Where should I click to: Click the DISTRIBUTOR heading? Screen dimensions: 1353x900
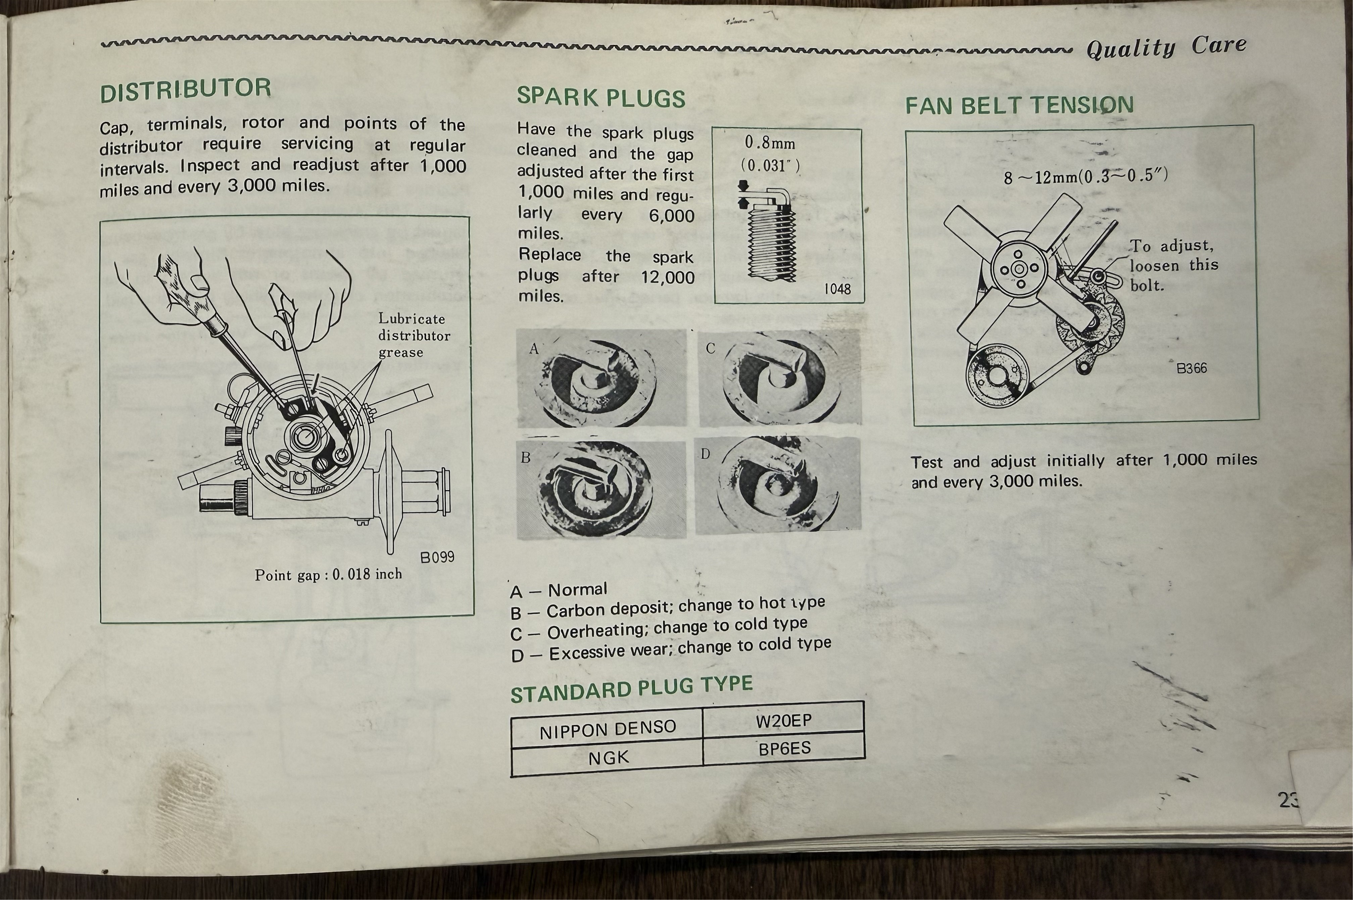[185, 91]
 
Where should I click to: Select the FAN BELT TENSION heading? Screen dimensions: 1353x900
[1019, 105]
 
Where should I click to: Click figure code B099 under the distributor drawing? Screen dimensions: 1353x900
[437, 557]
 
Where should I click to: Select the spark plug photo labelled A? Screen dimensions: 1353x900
[602, 378]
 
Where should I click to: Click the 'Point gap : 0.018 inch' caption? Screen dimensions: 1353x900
[328, 575]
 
